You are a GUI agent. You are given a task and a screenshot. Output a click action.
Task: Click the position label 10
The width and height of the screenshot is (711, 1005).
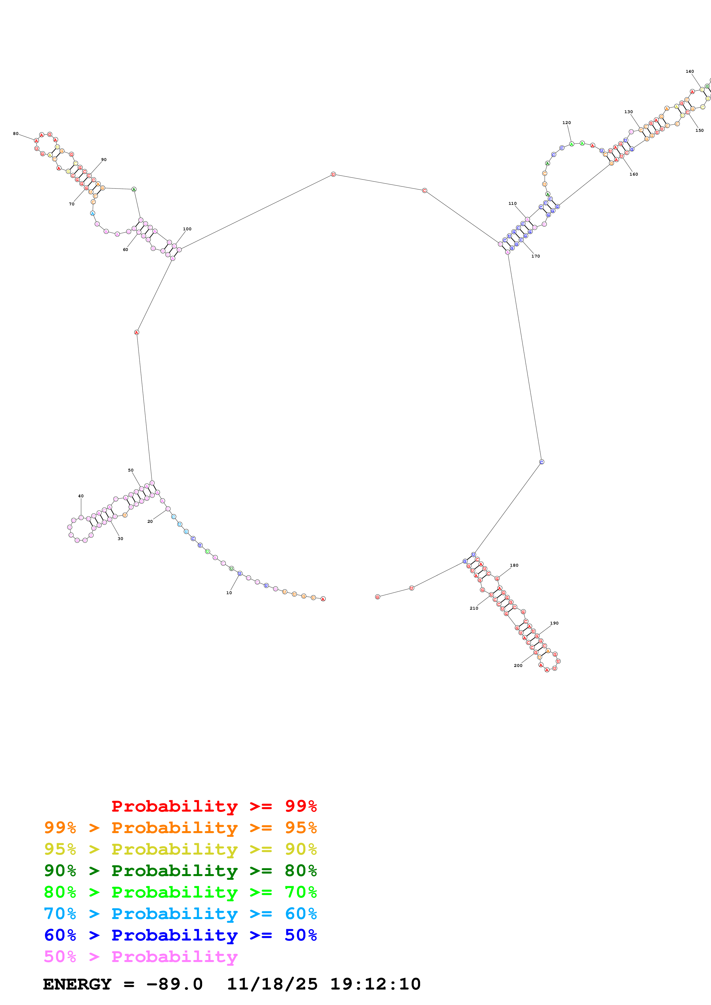click(x=229, y=593)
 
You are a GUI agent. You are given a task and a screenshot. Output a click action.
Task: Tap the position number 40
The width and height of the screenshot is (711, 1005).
click(x=81, y=496)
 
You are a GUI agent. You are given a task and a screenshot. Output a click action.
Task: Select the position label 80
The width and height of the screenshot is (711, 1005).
click(x=16, y=134)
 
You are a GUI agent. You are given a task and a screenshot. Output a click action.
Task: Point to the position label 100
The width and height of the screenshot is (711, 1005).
click(x=187, y=229)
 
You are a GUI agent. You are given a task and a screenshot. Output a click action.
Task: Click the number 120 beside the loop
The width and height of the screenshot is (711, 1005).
click(x=566, y=123)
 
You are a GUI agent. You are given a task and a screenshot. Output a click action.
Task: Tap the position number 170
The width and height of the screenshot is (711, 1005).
click(x=535, y=256)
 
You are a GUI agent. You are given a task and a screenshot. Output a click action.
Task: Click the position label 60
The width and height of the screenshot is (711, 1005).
click(x=125, y=250)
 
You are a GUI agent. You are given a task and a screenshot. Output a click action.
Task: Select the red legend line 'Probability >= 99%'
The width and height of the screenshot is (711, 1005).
click(x=214, y=806)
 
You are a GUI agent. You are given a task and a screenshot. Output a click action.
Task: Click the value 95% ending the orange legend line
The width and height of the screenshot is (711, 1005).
click(x=301, y=828)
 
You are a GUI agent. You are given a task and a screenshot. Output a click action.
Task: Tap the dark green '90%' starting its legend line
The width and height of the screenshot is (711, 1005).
click(x=60, y=871)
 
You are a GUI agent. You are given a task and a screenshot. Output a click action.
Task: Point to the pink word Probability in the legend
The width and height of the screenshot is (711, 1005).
click(x=174, y=957)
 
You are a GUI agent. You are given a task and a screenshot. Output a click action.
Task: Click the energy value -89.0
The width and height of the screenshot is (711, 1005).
click(x=174, y=984)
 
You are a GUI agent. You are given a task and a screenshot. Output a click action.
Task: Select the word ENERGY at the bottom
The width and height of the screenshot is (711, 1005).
click(x=77, y=984)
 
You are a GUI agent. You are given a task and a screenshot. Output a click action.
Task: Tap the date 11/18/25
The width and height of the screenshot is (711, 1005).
click(x=272, y=984)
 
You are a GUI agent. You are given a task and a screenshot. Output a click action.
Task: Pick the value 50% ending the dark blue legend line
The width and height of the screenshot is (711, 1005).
click(x=301, y=935)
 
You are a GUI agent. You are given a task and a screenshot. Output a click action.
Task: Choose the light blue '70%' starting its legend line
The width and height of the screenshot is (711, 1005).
click(x=60, y=914)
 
